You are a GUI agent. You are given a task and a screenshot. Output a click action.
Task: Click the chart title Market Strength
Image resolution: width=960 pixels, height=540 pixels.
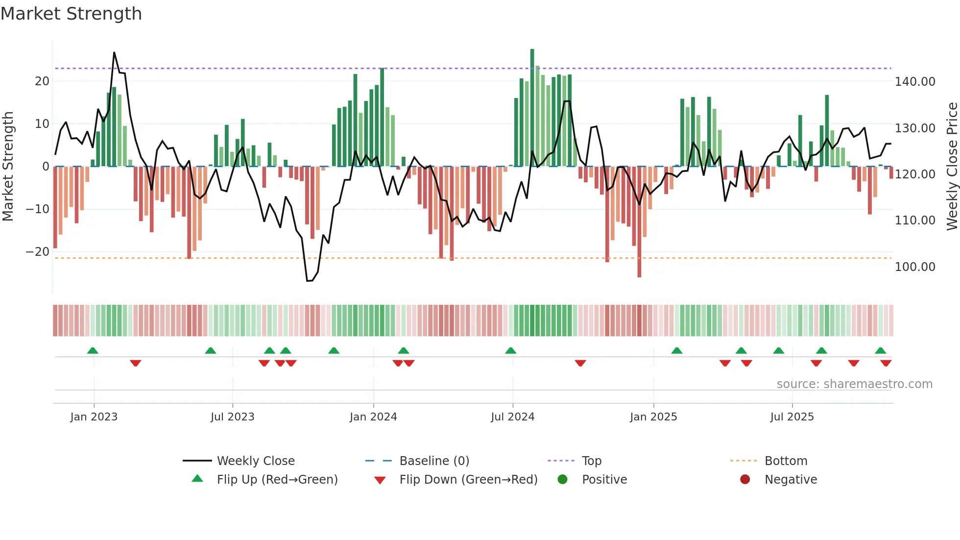71,14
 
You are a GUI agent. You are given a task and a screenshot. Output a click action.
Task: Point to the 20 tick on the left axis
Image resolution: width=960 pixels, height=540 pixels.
42,81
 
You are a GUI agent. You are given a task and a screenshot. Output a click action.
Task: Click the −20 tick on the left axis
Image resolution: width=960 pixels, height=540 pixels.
38,252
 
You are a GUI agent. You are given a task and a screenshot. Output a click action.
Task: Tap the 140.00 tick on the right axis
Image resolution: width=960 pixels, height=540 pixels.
914,82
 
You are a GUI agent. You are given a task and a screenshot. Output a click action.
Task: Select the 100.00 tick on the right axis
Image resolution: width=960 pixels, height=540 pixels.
914,267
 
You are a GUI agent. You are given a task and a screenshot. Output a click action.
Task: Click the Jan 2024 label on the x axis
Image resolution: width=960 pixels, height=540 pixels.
373,417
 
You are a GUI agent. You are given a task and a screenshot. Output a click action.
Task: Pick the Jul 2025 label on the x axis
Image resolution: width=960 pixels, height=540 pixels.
792,417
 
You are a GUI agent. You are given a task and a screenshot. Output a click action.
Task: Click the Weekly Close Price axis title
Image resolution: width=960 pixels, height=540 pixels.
952,167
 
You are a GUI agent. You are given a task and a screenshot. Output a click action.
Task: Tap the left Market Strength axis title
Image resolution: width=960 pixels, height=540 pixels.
8,167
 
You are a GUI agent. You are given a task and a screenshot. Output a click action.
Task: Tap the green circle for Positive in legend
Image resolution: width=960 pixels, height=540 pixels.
562,480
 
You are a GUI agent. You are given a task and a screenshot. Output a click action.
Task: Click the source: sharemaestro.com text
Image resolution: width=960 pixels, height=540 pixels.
854,384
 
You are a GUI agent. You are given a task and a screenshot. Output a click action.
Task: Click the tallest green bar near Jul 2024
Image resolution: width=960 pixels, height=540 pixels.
532,108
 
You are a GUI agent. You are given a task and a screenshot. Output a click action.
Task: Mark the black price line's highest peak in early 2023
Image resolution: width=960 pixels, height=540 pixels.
114,52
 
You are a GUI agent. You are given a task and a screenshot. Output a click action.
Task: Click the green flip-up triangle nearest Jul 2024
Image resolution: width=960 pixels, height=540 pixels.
510,351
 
